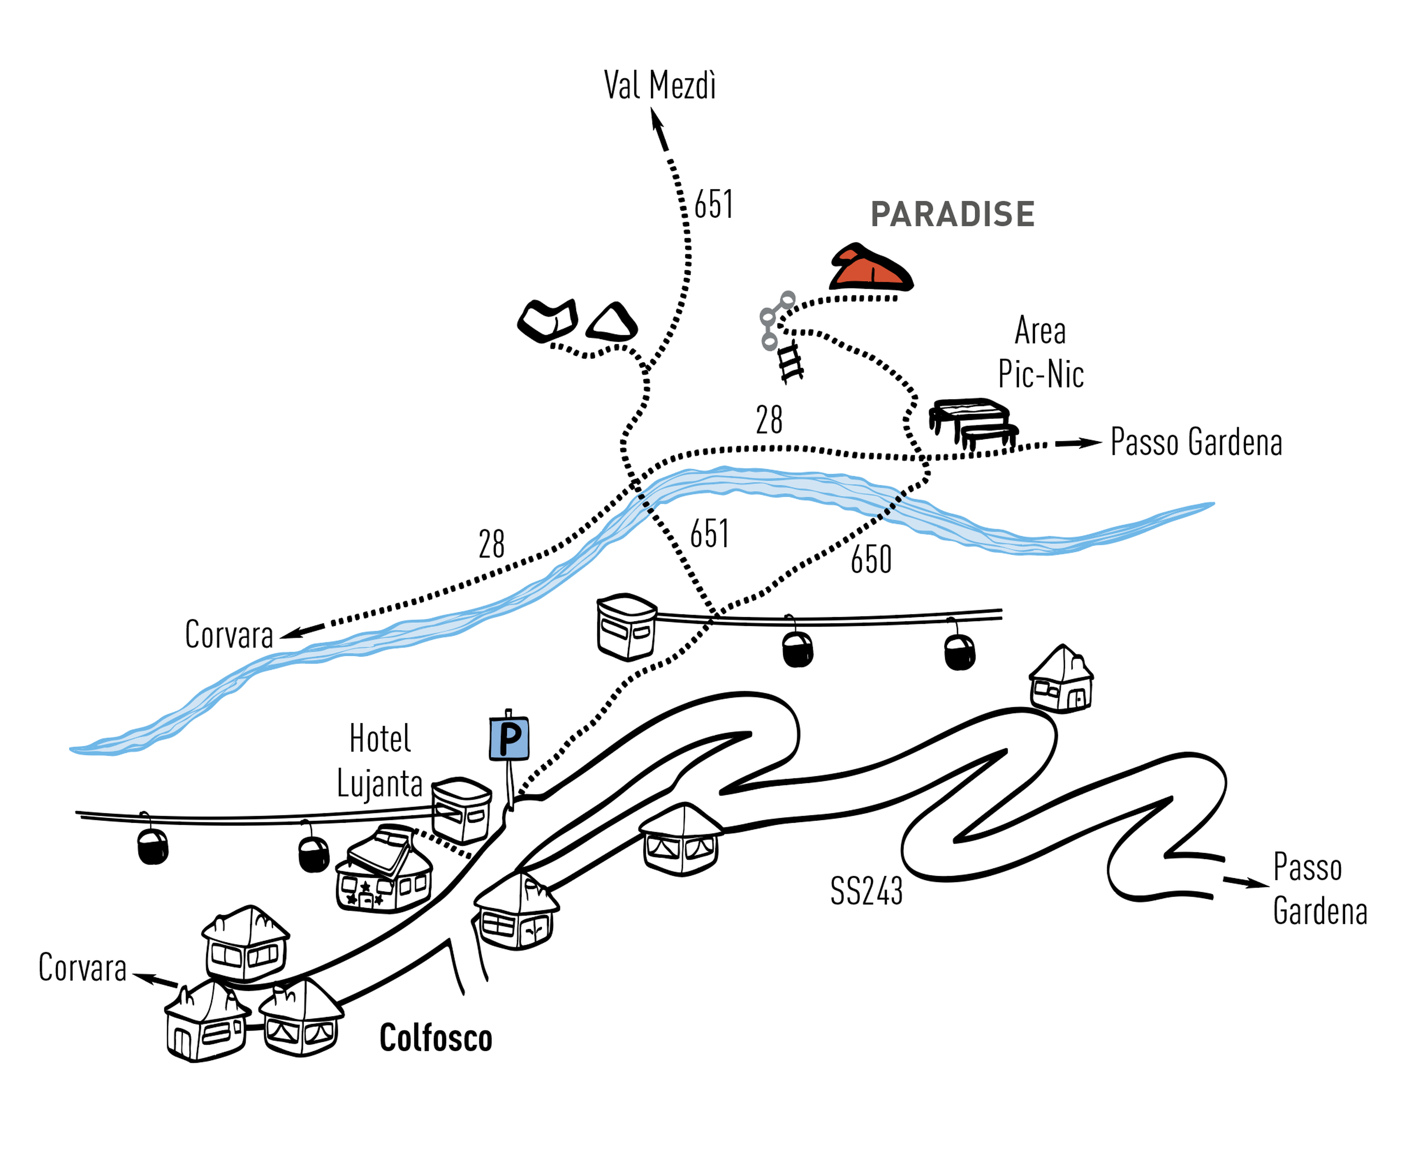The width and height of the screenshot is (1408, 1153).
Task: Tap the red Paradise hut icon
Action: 871,268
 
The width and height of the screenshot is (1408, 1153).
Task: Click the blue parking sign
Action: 509,737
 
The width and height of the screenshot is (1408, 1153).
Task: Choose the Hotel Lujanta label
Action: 379,761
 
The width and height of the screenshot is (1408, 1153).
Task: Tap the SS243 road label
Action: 866,891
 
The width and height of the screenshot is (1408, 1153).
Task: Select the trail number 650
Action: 871,560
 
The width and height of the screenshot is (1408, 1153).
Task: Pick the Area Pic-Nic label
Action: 1041,352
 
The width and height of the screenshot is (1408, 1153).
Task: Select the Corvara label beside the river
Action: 229,635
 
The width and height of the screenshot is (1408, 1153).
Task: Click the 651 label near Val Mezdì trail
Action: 713,205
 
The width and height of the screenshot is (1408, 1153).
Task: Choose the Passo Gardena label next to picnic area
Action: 1196,442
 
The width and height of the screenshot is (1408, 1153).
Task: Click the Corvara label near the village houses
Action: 83,968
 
